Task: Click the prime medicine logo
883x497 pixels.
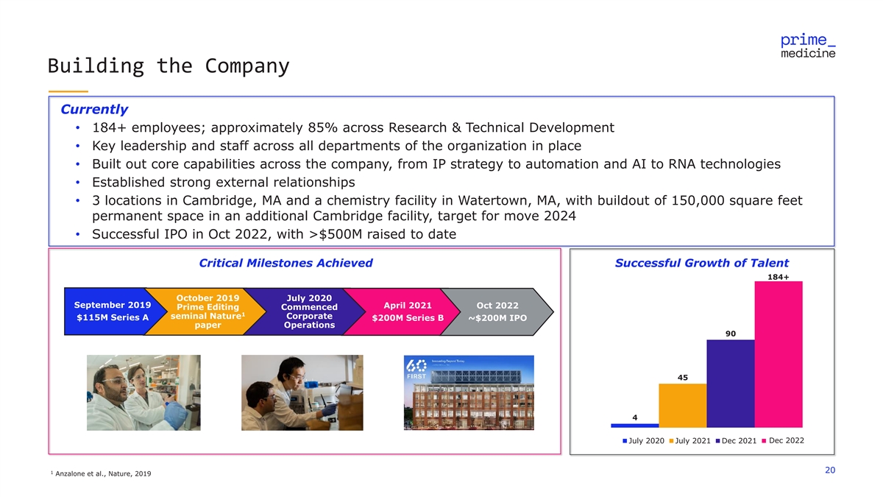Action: tap(807, 46)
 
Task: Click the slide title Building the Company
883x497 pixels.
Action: tap(169, 66)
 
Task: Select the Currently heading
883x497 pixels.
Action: tap(94, 110)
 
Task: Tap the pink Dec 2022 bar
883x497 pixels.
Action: tap(778, 353)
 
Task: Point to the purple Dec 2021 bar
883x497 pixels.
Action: tap(730, 383)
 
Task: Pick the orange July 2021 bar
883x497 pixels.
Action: tap(682, 405)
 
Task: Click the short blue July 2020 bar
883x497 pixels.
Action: tap(634, 425)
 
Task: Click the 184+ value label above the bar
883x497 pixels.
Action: tap(778, 276)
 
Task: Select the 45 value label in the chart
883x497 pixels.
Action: tap(682, 378)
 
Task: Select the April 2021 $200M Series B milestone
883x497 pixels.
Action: tap(407, 311)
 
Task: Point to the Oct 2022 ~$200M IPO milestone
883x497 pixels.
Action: tap(497, 311)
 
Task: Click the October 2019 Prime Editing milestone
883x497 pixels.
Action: tap(208, 311)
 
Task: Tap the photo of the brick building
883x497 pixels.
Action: tap(469, 392)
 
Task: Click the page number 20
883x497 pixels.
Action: tap(830, 471)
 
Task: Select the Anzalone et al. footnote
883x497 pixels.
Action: tap(102, 473)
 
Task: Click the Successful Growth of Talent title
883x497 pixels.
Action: tap(701, 263)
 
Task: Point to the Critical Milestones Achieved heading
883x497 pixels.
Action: tap(286, 263)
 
